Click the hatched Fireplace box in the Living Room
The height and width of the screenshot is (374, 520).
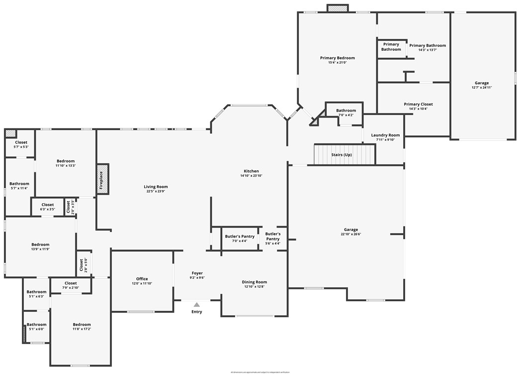click(102, 179)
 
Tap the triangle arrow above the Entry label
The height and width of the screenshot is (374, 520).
click(197, 305)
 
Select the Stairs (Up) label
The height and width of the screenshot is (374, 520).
click(342, 155)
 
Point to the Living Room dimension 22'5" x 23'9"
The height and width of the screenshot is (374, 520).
click(157, 191)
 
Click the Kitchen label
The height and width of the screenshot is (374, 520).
click(251, 171)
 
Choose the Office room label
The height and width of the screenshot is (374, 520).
click(142, 279)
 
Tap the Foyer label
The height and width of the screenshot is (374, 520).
click(197, 273)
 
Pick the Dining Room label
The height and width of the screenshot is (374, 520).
click(255, 282)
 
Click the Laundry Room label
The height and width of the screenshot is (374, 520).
click(385, 135)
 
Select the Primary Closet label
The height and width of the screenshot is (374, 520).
click(418, 104)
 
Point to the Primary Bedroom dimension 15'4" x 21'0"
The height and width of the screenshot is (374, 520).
click(337, 63)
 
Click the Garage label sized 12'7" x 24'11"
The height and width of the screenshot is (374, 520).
click(481, 83)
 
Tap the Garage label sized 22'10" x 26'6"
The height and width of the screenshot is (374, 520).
click(351, 230)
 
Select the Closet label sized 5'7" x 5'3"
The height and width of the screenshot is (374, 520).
click(21, 142)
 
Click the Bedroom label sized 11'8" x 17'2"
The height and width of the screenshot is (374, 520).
click(82, 324)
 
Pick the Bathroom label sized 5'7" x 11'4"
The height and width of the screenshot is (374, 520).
click(19, 183)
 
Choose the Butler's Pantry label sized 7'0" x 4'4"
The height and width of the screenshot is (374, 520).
click(240, 236)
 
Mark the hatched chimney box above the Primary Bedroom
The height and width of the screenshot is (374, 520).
click(338, 8)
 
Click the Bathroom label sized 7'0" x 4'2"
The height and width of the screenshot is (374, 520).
click(346, 111)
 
